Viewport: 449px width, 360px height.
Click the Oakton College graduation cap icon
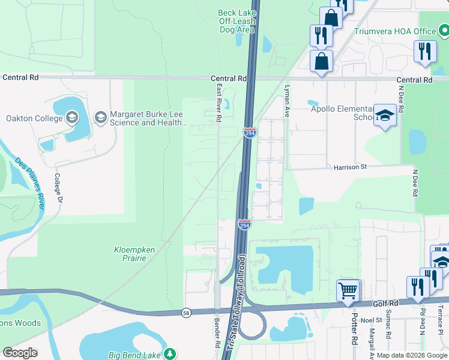(x=73, y=118)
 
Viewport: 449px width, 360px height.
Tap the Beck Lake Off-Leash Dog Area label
(x=237, y=21)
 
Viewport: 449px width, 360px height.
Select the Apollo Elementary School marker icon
(x=384, y=115)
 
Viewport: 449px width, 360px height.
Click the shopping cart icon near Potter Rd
(x=348, y=290)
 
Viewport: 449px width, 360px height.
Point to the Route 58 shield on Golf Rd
(x=187, y=313)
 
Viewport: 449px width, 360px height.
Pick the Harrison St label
(x=350, y=167)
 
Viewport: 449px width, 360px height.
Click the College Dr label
(x=58, y=188)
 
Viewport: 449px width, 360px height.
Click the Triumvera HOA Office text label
(x=394, y=31)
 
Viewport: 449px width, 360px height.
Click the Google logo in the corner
(x=20, y=353)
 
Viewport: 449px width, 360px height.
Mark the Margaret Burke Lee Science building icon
(x=100, y=118)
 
